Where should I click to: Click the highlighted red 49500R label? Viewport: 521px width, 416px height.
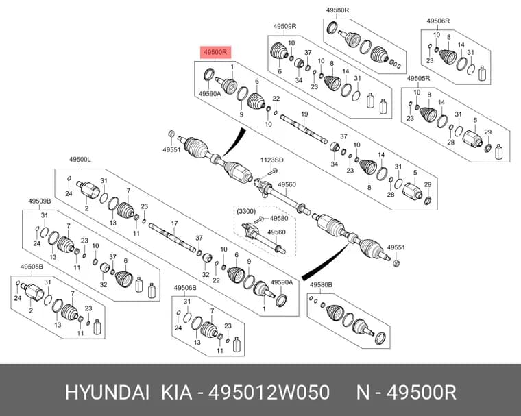point(215,52)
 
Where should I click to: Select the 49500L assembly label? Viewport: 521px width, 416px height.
point(80,160)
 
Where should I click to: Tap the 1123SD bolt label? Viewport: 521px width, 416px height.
point(271,160)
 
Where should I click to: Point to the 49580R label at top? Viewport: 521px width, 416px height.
point(337,10)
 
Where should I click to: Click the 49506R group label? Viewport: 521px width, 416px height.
point(438,21)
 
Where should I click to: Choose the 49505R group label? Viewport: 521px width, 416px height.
point(419,79)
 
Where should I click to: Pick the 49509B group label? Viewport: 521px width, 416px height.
point(40,201)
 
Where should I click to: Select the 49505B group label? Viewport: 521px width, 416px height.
point(32,267)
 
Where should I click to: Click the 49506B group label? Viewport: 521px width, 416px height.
point(185,288)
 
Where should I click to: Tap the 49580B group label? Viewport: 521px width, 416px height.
point(321,284)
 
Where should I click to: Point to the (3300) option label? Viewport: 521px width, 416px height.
point(246,211)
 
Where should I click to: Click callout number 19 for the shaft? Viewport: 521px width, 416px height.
point(304,114)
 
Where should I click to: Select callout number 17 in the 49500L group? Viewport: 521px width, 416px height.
point(174,223)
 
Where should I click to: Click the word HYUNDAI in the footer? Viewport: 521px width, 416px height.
point(107,393)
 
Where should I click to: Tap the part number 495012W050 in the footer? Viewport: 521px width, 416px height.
point(269,393)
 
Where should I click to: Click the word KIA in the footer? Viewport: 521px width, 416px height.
point(176,393)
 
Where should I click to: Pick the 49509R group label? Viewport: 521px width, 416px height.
point(284,26)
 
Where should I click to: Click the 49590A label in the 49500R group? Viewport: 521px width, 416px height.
point(210,94)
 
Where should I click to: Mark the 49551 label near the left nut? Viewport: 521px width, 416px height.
point(171,150)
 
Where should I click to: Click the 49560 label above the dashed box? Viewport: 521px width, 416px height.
point(287,185)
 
